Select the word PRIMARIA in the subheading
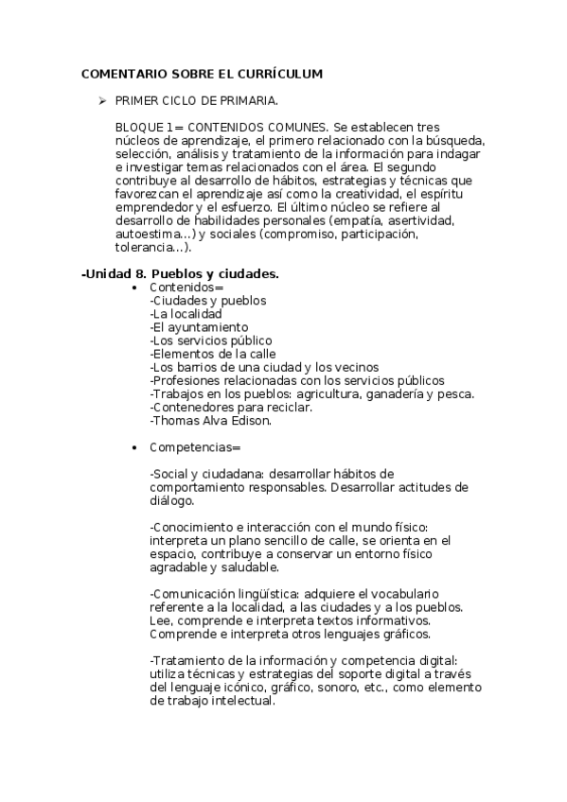click(247, 99)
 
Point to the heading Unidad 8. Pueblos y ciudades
click(181, 274)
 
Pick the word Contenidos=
click(186, 288)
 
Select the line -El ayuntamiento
click(195, 327)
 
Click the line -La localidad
click(186, 314)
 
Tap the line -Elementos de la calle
click(210, 354)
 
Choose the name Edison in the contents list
click(252, 420)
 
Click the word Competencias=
click(195, 446)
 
